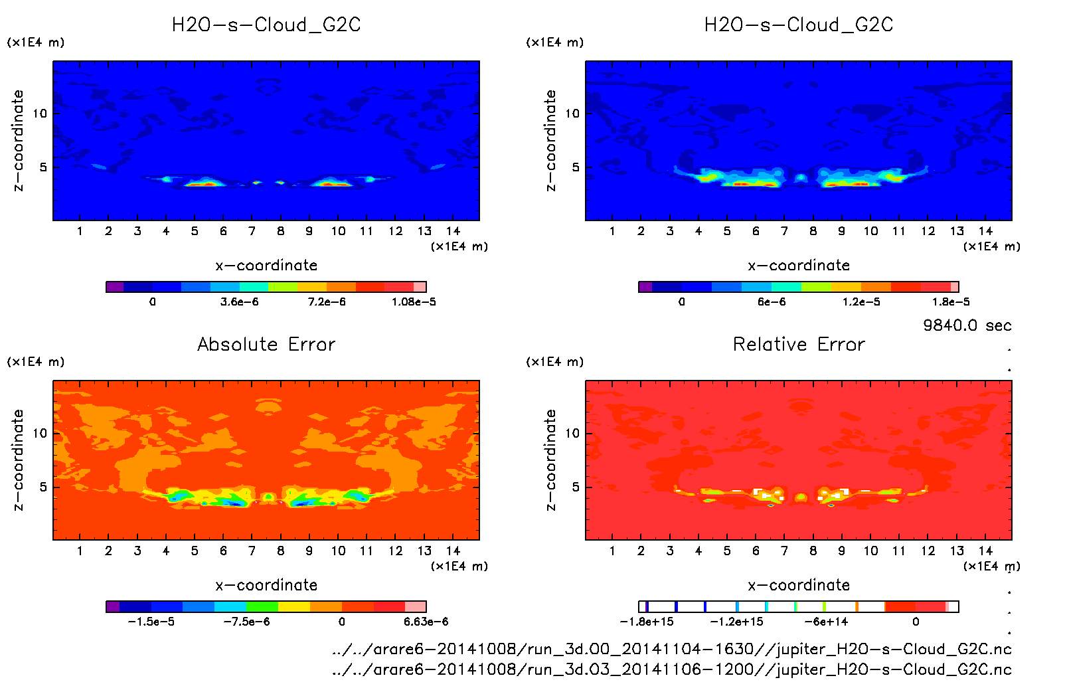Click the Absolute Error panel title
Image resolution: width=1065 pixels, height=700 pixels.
click(x=266, y=344)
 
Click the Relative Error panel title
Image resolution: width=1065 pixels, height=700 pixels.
click(x=799, y=344)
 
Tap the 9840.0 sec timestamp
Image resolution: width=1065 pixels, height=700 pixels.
click(x=967, y=325)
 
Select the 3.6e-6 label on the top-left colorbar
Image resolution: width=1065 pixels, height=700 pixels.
click(x=239, y=302)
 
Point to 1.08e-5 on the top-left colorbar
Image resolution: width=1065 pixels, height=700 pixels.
click(x=414, y=302)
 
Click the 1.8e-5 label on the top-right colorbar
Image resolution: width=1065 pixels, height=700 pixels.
click(x=951, y=302)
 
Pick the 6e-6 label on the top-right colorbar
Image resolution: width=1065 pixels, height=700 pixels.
click(x=772, y=302)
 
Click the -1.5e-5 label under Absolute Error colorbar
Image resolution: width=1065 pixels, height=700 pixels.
click(x=151, y=622)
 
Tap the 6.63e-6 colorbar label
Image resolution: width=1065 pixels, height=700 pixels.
click(x=426, y=622)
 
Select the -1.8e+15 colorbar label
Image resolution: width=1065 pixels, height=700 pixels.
click(x=647, y=622)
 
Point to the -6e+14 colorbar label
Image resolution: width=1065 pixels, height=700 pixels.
click(x=826, y=622)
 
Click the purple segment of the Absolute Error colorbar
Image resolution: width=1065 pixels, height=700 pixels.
click(x=113, y=606)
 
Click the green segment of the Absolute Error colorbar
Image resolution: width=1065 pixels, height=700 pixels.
click(x=262, y=606)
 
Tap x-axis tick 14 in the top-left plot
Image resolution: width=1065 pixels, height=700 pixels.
click(x=453, y=231)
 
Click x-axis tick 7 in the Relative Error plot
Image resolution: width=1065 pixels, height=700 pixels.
click(x=784, y=551)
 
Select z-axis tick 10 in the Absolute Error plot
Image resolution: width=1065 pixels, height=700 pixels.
click(x=40, y=433)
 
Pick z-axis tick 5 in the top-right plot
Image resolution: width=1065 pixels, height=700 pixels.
click(x=576, y=167)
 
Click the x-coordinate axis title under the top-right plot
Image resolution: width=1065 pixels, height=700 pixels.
click(x=799, y=266)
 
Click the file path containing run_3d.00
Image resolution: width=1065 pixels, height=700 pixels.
click(x=671, y=649)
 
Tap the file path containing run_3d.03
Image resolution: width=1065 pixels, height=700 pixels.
click(x=671, y=669)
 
